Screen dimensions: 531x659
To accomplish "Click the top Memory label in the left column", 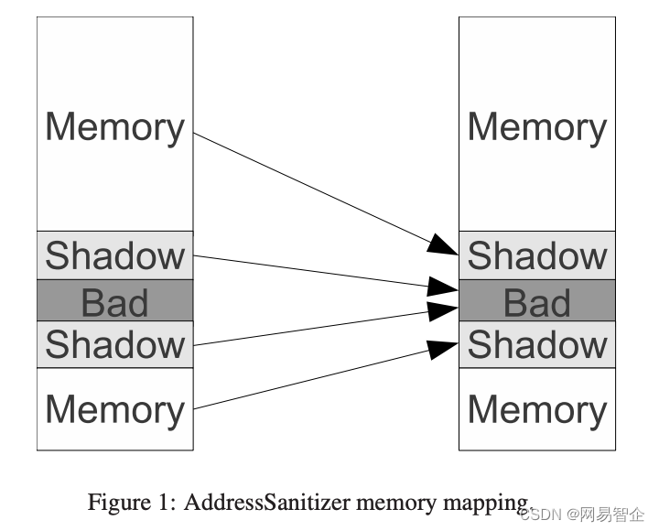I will point(114,127).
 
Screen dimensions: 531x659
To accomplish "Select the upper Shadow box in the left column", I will point(114,255).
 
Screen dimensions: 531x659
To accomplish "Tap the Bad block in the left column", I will point(114,301).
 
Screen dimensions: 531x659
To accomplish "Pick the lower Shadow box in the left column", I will point(114,344).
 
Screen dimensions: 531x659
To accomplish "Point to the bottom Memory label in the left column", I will point(114,409).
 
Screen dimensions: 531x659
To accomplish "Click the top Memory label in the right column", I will point(537,127).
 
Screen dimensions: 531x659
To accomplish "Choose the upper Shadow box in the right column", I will point(537,255).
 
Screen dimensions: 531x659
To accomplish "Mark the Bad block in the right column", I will point(537,301).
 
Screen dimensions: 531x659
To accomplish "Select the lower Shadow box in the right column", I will point(537,344).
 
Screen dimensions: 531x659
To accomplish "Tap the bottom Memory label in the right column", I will point(537,409).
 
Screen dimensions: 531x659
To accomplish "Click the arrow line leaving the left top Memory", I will point(311,189).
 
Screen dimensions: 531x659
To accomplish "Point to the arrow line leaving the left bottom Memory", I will point(311,377).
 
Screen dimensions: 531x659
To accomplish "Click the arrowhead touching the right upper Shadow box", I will point(445,244).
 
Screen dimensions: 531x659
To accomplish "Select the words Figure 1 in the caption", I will point(123,502).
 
